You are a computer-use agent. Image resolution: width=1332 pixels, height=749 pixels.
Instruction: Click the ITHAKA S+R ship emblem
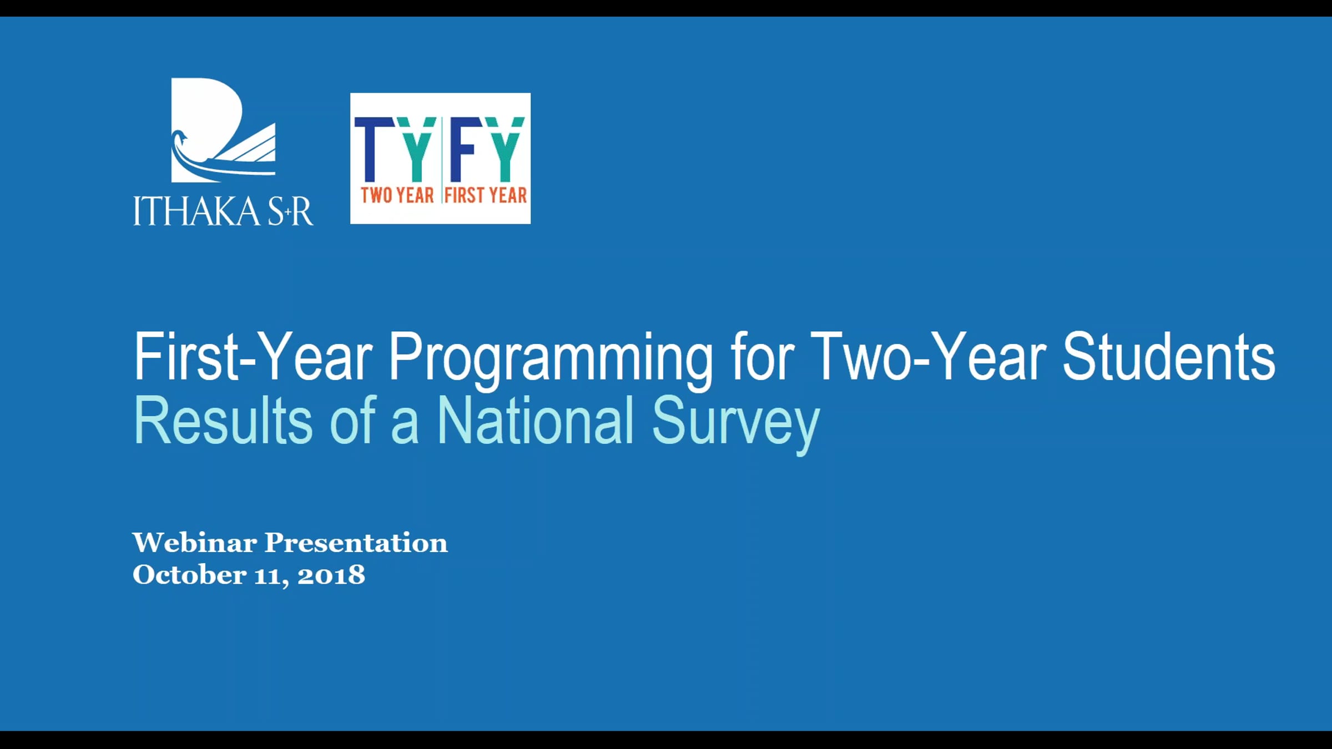223,130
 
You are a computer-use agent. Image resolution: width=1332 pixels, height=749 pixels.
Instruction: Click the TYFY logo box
440,158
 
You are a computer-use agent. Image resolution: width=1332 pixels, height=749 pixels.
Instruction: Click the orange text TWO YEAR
397,195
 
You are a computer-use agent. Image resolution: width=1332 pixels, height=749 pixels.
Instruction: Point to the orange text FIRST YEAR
486,195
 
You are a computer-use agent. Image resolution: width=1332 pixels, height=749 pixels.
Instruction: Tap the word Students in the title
1169,357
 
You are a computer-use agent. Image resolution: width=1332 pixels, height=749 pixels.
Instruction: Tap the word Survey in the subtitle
736,424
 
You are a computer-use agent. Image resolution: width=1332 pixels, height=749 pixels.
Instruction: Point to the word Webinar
195,542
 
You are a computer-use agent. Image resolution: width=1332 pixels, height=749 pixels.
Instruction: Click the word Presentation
356,542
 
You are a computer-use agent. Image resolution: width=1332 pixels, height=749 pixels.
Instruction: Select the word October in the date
189,574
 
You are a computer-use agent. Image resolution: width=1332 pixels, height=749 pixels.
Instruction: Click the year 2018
331,575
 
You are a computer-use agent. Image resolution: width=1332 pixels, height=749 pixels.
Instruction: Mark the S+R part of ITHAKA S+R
290,211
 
